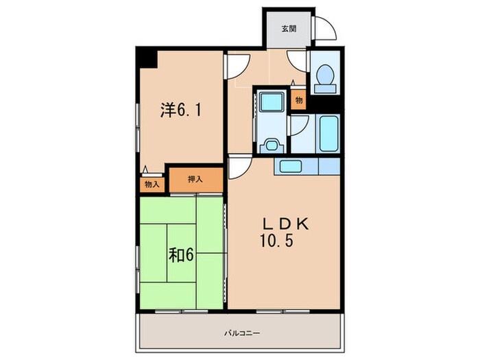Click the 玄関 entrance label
[x=289, y=29]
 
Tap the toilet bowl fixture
[x=325, y=74]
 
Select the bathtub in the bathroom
[x=329, y=133]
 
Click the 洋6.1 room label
[x=181, y=110]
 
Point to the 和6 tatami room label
[x=181, y=254]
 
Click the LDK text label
[x=286, y=224]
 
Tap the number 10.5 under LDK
[x=277, y=240]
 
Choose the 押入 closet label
[x=195, y=180]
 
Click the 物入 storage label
[x=152, y=184]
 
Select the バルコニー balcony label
[x=242, y=333]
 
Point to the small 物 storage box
[x=299, y=100]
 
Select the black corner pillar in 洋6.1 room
[x=147, y=58]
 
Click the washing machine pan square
[x=272, y=102]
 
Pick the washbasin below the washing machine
[x=272, y=145]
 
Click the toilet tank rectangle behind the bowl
[x=325, y=89]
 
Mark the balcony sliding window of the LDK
[x=283, y=311]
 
